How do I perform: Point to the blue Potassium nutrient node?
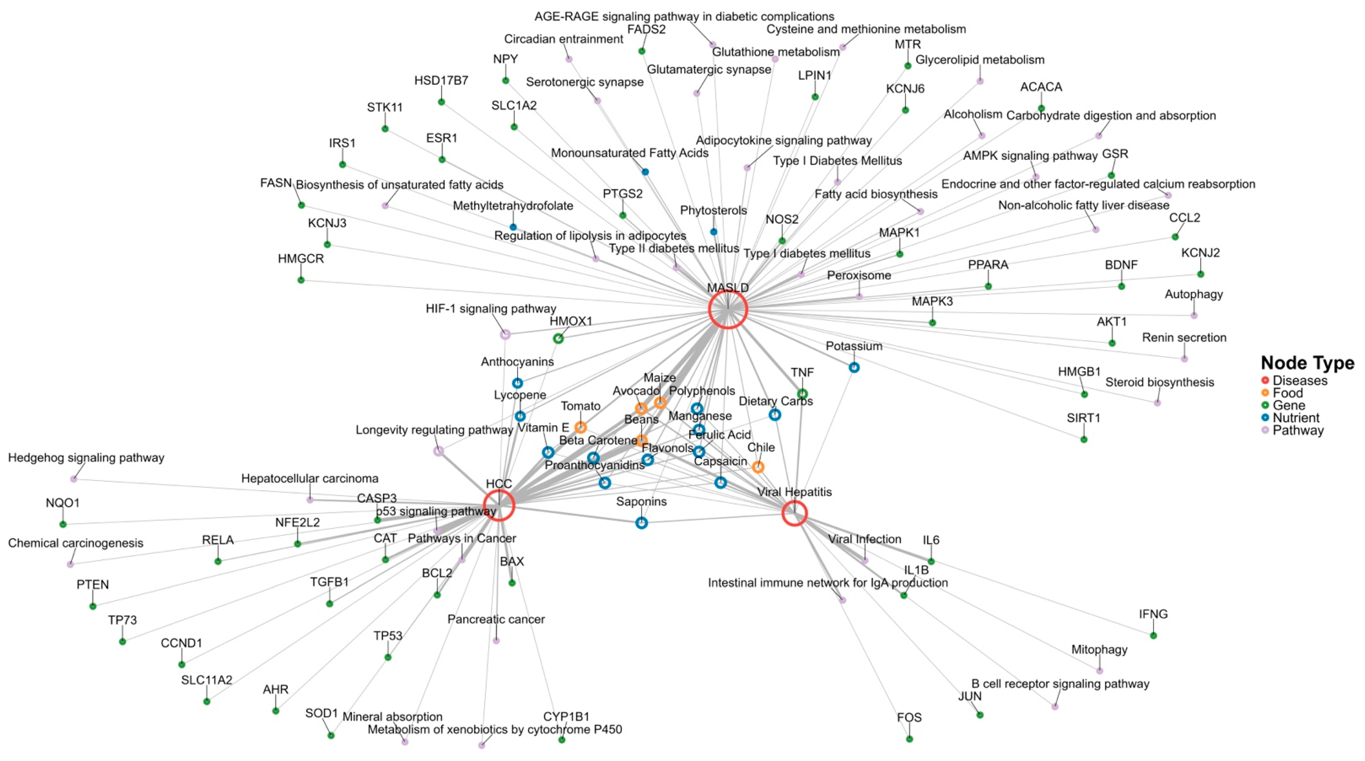(854, 367)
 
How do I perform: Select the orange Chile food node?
(758, 467)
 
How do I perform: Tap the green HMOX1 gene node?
(558, 338)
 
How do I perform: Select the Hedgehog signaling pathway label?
(86, 458)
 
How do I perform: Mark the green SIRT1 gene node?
(1084, 439)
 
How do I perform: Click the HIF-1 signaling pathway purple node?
(505, 334)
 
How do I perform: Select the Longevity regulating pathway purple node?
(438, 451)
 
